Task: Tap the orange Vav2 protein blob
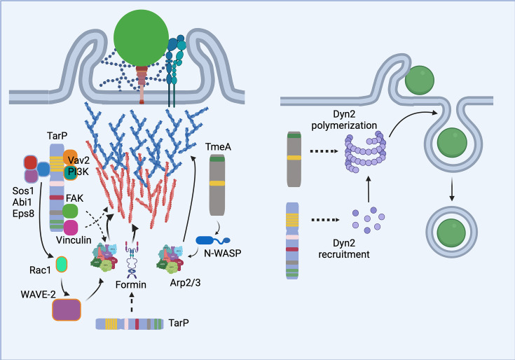tap(70, 158)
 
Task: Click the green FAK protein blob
tap(70, 211)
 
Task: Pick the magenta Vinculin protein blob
tap(70, 228)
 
